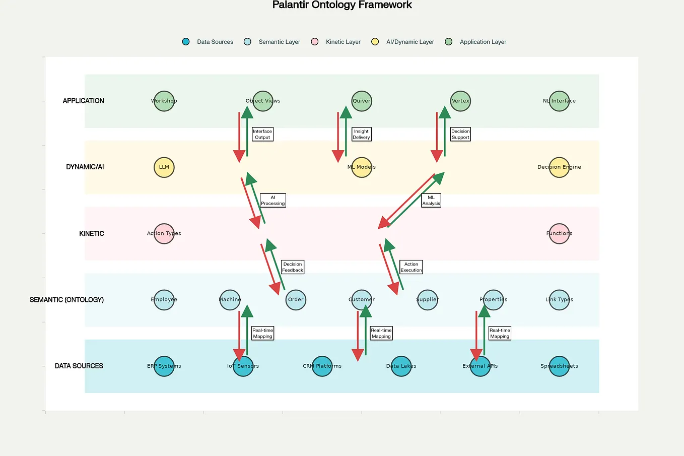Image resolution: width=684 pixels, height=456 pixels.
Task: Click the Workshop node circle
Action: point(164,101)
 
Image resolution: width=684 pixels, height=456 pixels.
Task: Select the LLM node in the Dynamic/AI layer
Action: point(164,167)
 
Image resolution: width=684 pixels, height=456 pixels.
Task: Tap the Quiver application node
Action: point(362,101)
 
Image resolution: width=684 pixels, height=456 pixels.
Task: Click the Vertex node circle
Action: point(460,101)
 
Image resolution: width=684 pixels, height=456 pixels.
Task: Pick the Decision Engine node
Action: point(559,167)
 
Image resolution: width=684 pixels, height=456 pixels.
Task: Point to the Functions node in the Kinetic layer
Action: point(559,233)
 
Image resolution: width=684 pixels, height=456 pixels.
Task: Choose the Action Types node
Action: point(164,233)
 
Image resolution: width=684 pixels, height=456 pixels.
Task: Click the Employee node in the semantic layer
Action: point(164,300)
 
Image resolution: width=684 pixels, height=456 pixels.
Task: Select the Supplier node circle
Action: point(427,300)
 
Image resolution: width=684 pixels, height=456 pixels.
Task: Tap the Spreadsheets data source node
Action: point(559,366)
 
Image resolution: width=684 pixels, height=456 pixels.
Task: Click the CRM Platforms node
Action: point(322,366)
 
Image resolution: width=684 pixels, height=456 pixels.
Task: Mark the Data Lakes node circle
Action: point(401,366)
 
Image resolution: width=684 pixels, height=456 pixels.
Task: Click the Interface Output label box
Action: point(262,134)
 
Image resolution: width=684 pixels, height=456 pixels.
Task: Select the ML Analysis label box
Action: point(431,201)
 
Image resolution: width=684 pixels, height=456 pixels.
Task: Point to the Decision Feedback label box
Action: point(293,267)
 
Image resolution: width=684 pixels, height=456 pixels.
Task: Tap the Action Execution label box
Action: point(411,267)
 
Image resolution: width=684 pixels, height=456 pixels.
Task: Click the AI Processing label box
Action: point(273,201)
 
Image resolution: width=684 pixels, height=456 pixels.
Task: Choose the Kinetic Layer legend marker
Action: point(315,42)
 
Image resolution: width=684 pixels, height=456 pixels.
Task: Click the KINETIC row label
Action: point(92,234)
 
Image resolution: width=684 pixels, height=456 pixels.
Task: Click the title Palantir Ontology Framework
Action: point(342,5)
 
